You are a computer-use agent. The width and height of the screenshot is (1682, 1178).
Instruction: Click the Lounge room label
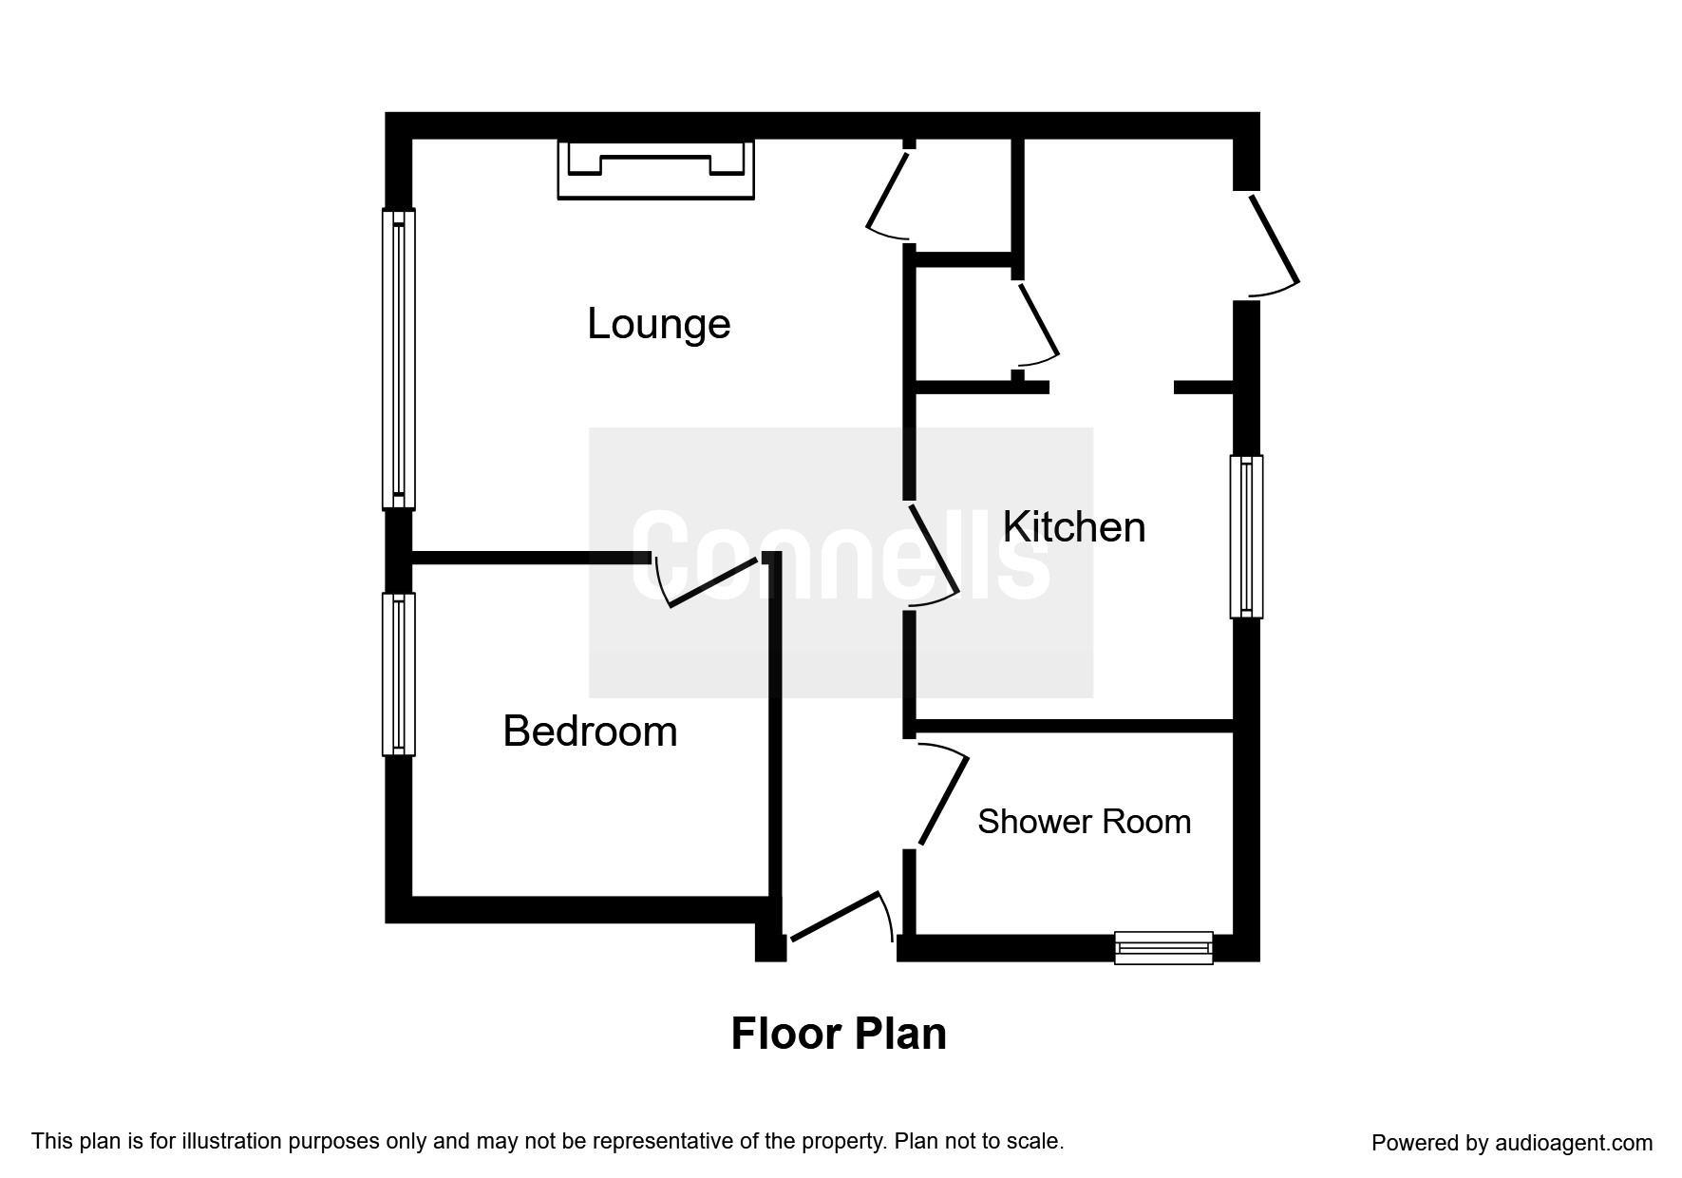pyautogui.click(x=658, y=324)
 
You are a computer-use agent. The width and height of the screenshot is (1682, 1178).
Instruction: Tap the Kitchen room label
pyautogui.click(x=1074, y=527)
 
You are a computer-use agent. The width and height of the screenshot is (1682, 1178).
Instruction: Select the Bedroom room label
pyautogui.click(x=590, y=731)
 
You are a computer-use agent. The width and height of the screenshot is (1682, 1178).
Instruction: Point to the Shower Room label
pyautogui.click(x=1084, y=822)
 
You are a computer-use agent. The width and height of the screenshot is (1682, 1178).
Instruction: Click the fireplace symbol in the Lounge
pyautogui.click(x=655, y=170)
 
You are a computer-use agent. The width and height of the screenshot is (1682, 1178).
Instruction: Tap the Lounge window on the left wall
pyautogui.click(x=399, y=359)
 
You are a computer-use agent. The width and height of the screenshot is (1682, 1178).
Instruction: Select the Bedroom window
pyautogui.click(x=399, y=674)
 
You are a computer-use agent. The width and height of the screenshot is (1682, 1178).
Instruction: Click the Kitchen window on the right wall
pyautogui.click(x=1246, y=537)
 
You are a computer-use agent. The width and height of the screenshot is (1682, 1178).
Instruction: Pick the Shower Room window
pyautogui.click(x=1163, y=947)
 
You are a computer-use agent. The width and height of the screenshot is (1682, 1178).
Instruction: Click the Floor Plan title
pyautogui.click(x=839, y=1034)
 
